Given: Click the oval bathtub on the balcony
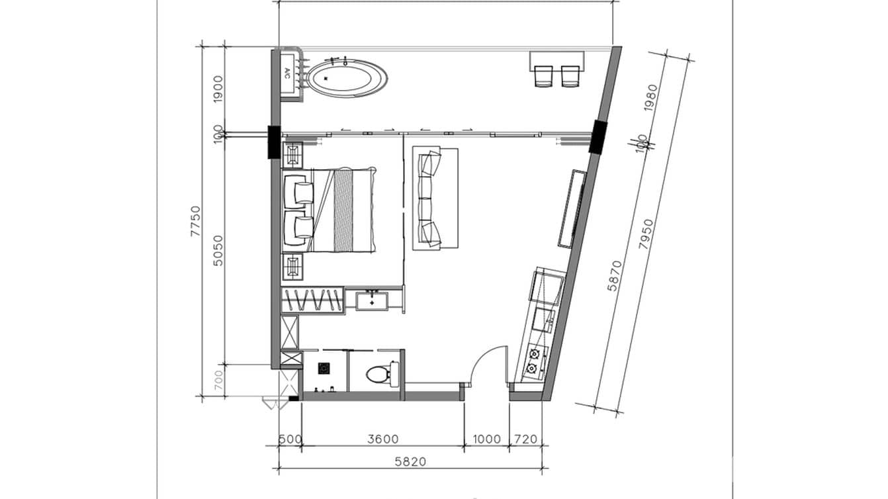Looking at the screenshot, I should [347, 78].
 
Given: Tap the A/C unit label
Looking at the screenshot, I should [287, 73].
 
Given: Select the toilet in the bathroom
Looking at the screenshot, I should [378, 374].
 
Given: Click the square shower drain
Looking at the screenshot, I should [324, 368].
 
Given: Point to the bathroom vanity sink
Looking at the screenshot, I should [373, 300].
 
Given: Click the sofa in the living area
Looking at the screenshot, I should [435, 199].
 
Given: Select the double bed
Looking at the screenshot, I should [331, 210].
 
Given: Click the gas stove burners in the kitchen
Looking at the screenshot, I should [533, 361].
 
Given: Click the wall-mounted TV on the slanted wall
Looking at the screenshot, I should [572, 208].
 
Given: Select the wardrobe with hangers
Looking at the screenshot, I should [312, 300].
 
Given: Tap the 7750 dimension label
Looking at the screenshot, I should [195, 221].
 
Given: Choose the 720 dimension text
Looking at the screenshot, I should [525, 439].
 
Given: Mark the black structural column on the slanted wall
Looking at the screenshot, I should [598, 137].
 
